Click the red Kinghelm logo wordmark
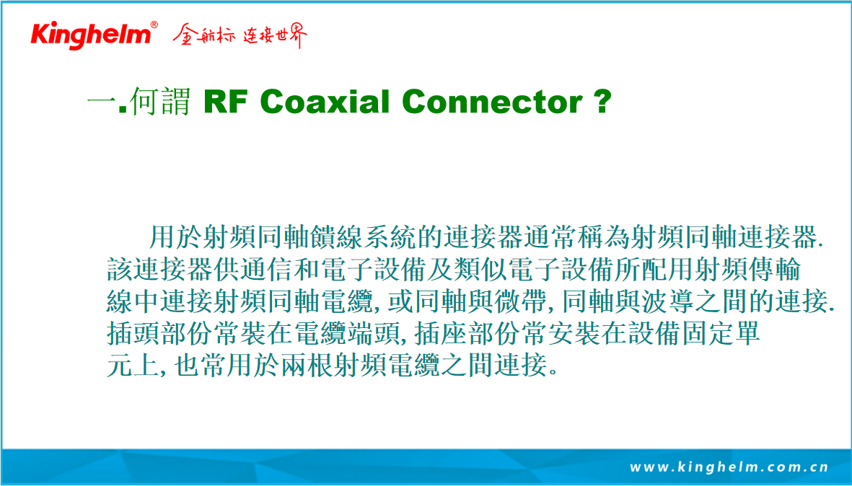[x=91, y=35]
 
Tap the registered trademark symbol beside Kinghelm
[x=154, y=25]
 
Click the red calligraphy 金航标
[x=204, y=35]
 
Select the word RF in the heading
[x=226, y=102]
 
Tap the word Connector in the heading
[x=493, y=102]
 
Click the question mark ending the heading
[x=602, y=102]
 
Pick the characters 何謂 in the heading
[x=160, y=102]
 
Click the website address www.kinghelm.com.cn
[x=729, y=467]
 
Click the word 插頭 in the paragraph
[x=133, y=333]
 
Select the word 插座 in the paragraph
[x=441, y=333]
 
